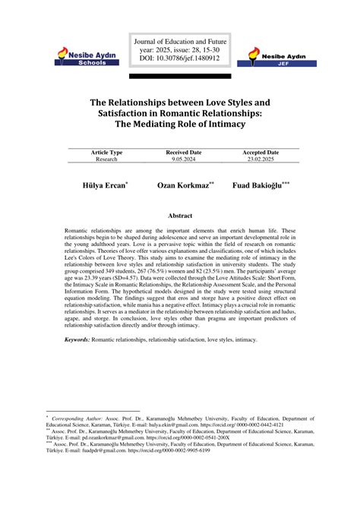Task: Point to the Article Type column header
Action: [106, 153]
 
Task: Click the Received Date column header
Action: [183, 153]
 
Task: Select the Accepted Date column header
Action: [261, 153]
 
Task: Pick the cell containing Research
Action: [106, 159]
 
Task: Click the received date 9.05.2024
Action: [183, 159]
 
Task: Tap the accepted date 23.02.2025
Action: [261, 159]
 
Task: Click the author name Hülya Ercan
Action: [105, 185]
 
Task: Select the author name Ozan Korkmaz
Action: [185, 185]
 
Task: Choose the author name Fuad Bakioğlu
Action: [260, 185]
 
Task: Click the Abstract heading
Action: [180, 216]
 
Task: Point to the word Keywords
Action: [78, 361]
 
